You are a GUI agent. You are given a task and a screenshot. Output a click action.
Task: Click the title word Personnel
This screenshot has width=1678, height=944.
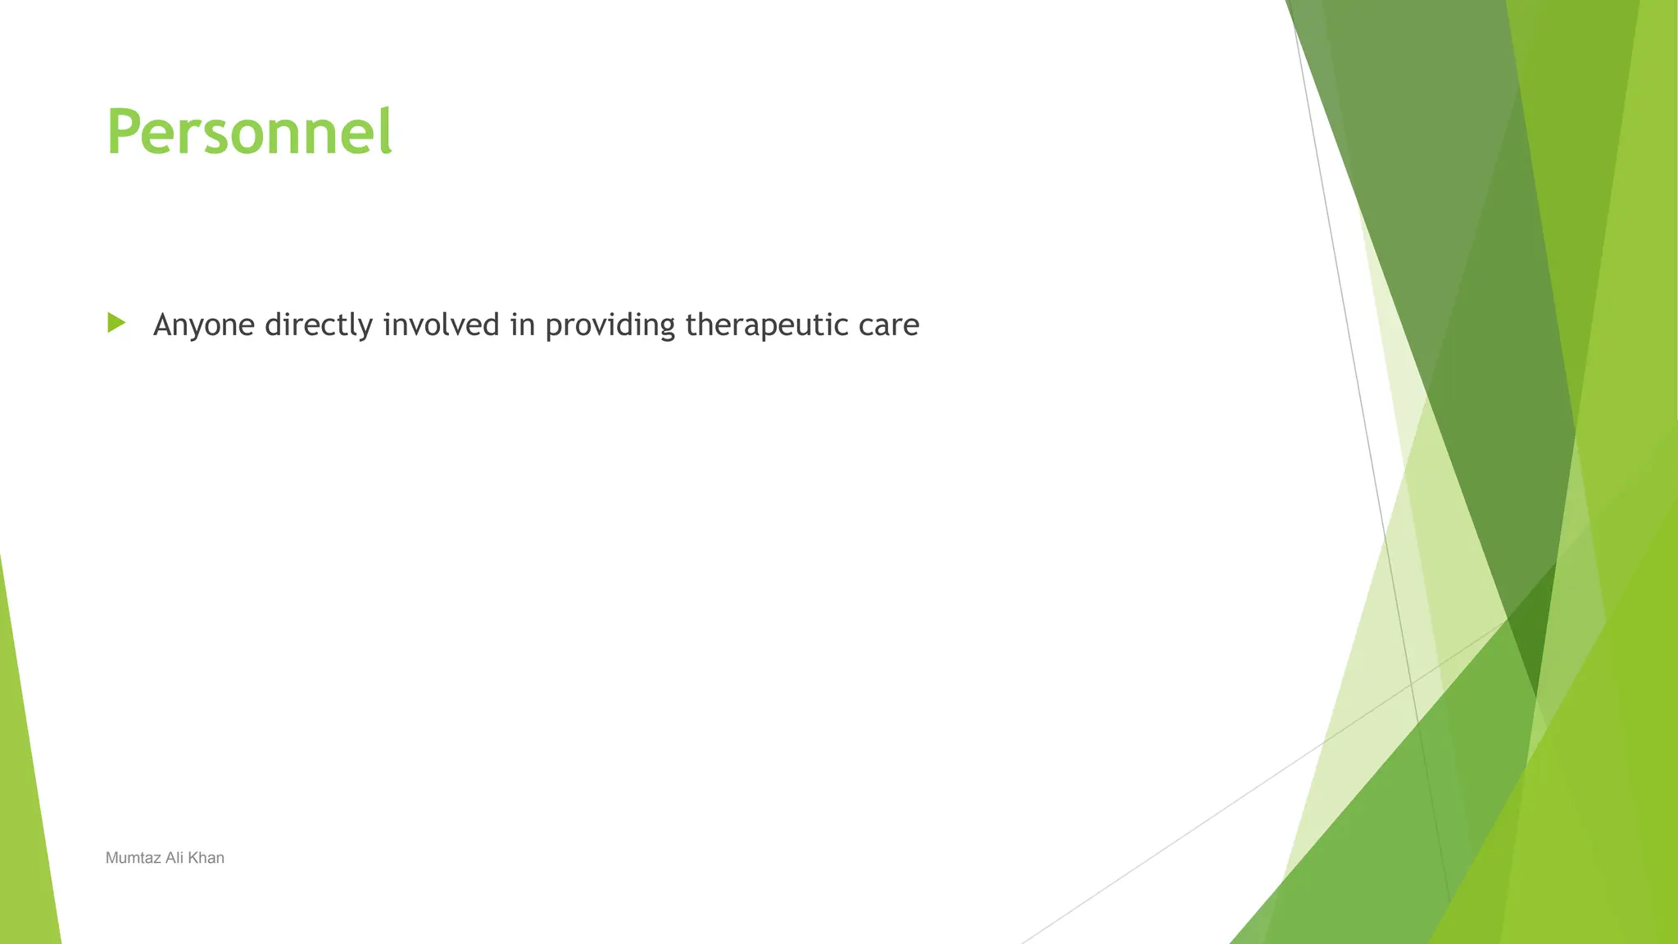(249, 132)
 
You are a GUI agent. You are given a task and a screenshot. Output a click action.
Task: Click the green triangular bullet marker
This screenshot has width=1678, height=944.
(116, 323)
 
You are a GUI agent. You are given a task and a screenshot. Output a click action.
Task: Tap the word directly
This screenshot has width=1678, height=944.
(319, 326)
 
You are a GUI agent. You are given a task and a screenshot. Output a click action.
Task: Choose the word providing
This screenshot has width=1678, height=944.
(610, 326)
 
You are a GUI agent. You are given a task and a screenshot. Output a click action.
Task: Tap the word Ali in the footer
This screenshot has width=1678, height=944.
(175, 858)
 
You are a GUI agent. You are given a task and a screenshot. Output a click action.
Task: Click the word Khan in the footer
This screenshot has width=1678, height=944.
(206, 858)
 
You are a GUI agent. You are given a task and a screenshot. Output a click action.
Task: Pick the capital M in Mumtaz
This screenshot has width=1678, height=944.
(111, 858)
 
